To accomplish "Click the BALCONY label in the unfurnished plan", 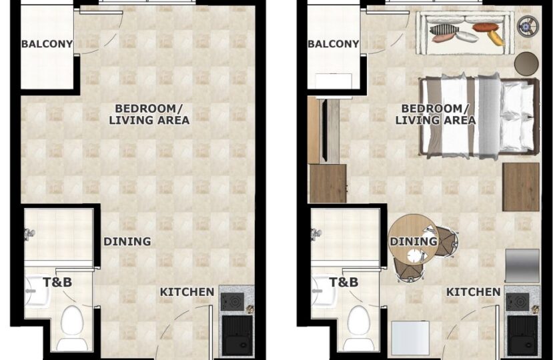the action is [x=47, y=44].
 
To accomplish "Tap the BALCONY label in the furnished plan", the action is [x=334, y=44].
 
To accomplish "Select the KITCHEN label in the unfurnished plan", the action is [x=187, y=292].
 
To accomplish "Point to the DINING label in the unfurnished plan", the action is [x=127, y=242].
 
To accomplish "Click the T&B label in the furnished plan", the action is [x=344, y=282].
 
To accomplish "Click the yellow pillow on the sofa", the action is [x=496, y=38].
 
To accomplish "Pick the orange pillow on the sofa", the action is [x=484, y=27].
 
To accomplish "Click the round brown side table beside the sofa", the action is [x=526, y=63].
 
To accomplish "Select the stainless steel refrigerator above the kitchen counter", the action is [x=522, y=265].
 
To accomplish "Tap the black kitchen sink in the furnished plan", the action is [x=522, y=335].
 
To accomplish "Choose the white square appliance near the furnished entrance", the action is [x=410, y=338].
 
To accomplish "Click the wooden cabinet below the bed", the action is [x=521, y=187].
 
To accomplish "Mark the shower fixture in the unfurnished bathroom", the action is [x=29, y=234].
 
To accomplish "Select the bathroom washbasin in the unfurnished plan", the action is [x=37, y=292].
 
